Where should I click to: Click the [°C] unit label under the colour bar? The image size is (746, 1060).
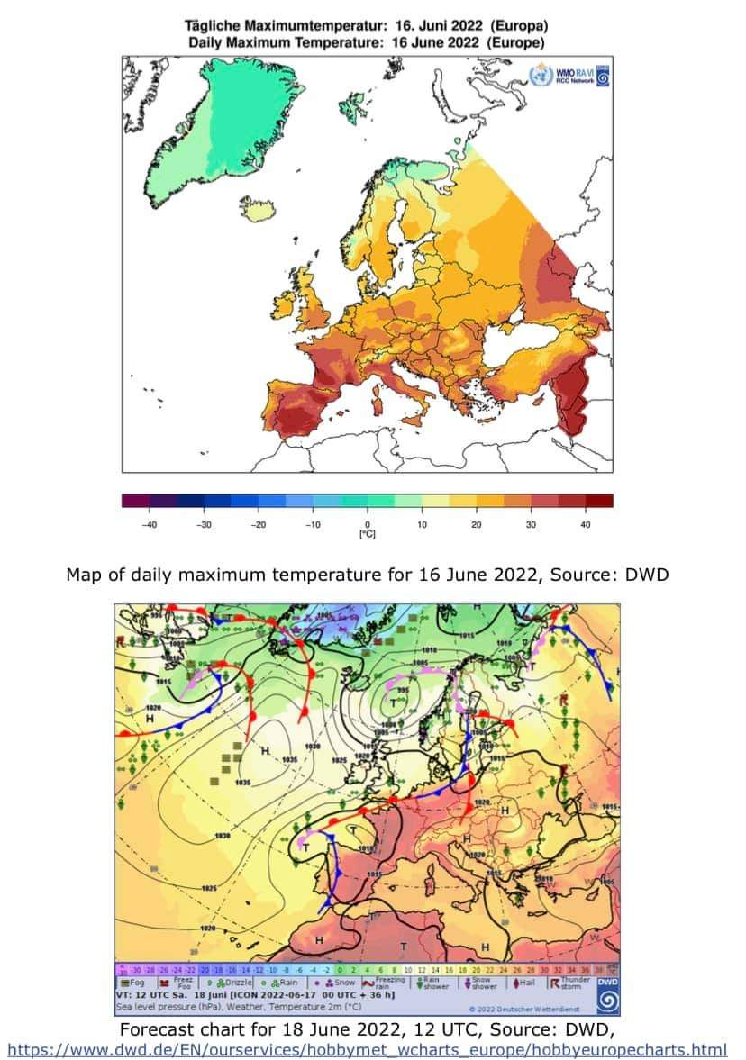click(367, 534)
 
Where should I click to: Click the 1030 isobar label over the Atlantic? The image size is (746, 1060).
click(223, 837)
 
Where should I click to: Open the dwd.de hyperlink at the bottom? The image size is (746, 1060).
click(367, 1049)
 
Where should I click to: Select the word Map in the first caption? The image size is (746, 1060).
click(82, 574)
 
